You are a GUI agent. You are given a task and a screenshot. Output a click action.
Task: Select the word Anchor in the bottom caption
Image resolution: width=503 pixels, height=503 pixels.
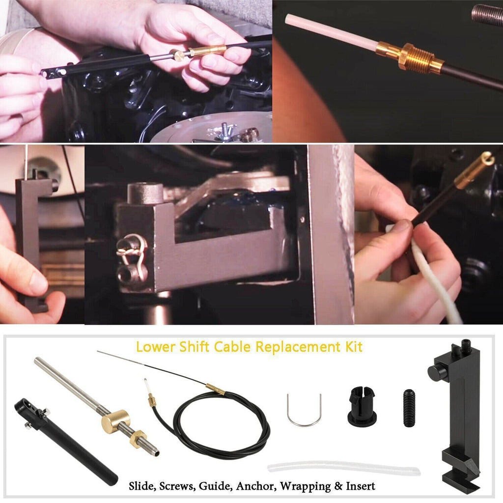pos(256,486)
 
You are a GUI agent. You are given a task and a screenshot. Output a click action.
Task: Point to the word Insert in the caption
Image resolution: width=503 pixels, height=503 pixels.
pos(360,486)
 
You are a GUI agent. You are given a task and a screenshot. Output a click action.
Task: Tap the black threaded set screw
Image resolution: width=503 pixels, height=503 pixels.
pos(409,408)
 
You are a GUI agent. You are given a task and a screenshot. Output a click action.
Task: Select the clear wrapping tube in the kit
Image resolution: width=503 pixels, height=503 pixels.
pos(343,468)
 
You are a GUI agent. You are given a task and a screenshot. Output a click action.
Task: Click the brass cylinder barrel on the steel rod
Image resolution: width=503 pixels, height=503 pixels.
pos(116,421)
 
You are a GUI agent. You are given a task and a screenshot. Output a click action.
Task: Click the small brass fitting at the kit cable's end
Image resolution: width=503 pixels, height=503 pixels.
pos(152,400)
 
